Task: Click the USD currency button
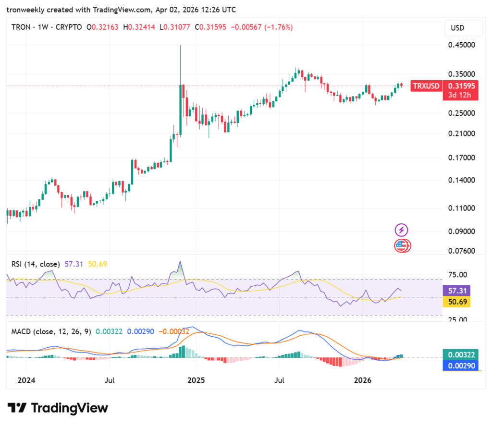[x=457, y=28]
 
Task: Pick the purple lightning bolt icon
[x=401, y=230]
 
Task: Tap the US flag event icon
[x=402, y=246]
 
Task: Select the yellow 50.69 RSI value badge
[x=455, y=302]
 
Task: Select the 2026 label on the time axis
[x=363, y=380]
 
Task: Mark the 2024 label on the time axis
[x=26, y=380]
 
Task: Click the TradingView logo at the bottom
[x=58, y=408]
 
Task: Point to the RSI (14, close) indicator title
[x=36, y=264]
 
